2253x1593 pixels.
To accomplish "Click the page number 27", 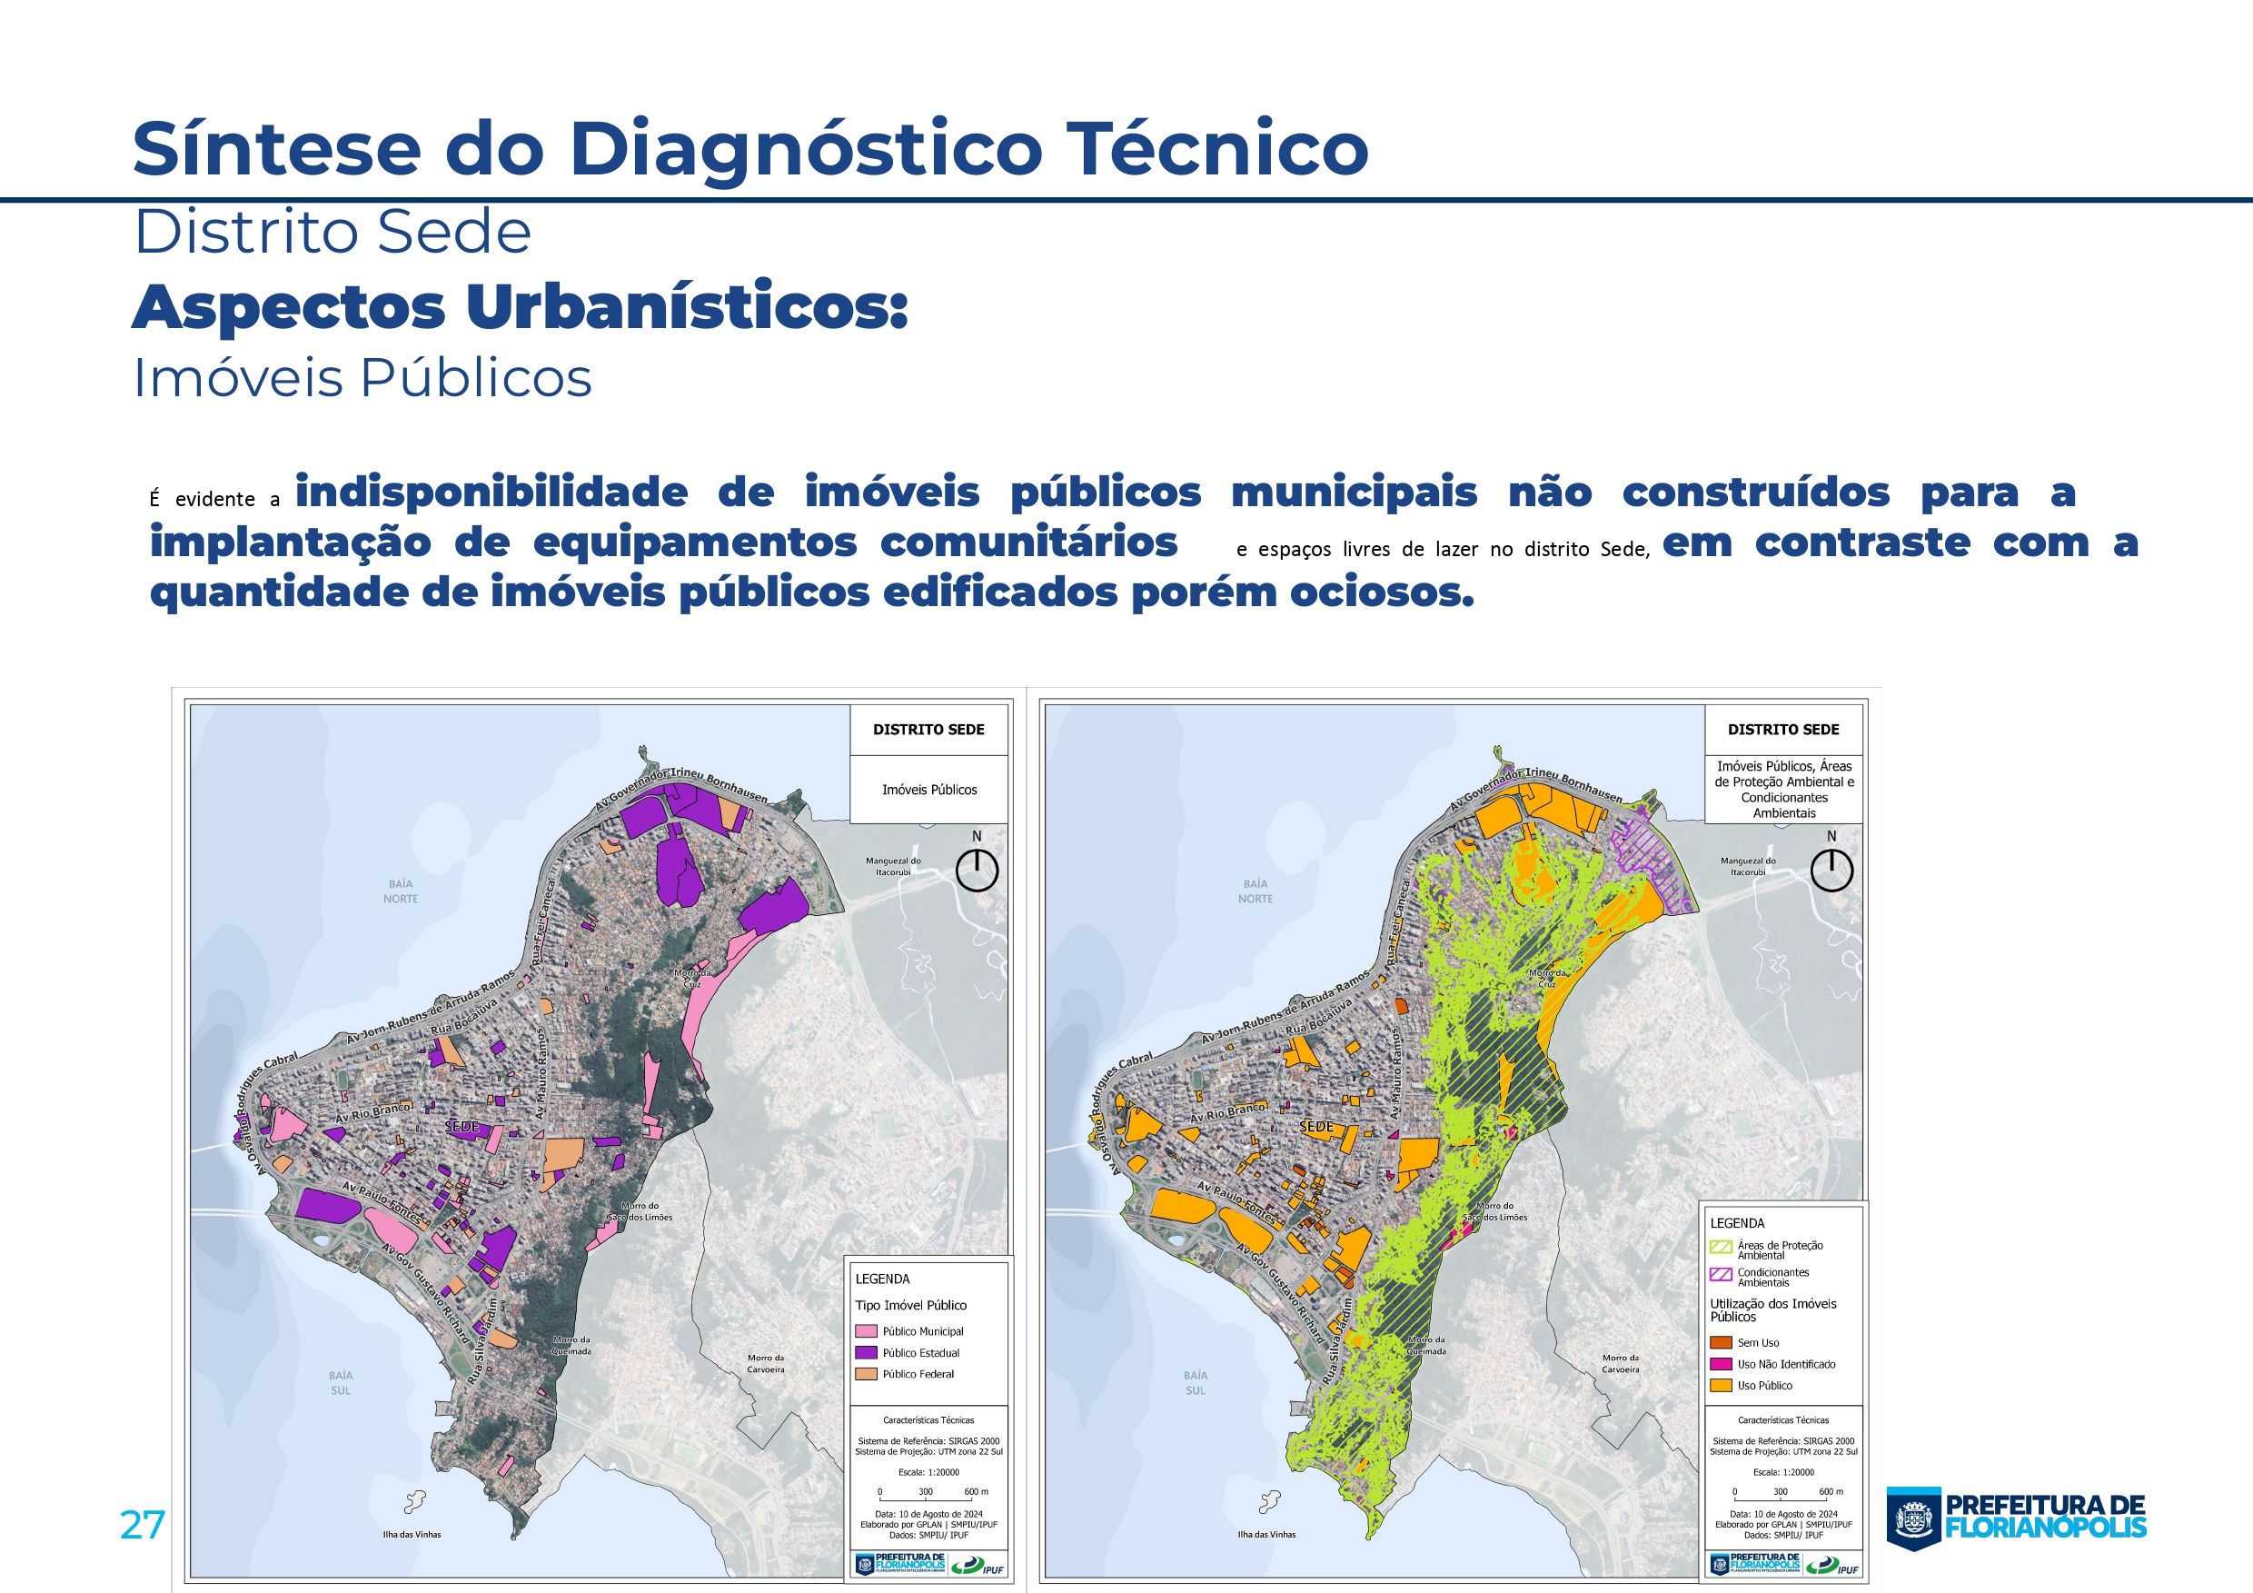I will click(x=143, y=1524).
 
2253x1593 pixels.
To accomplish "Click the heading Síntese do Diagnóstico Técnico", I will click(x=749, y=147).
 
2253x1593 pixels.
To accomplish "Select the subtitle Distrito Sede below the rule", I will click(x=332, y=233).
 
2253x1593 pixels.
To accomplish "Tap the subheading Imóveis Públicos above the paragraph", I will click(x=362, y=378).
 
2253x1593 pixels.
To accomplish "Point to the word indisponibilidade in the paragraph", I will click(x=491, y=492).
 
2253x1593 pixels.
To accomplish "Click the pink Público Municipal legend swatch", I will click(x=866, y=1331).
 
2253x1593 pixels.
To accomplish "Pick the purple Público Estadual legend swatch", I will click(x=866, y=1352).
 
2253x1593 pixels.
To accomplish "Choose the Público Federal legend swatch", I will click(x=866, y=1374).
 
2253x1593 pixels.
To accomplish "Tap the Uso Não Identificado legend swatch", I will click(x=1720, y=1364).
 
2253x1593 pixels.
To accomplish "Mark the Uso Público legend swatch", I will click(x=1720, y=1386).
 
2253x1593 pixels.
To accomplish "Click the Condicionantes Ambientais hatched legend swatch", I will click(x=1720, y=1275).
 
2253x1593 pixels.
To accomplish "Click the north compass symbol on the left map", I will click(x=977, y=869).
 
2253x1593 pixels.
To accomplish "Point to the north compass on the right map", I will click(x=1831, y=869).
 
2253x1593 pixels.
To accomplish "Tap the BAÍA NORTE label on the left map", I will click(x=401, y=891).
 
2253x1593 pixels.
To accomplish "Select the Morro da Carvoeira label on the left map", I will click(x=766, y=1363).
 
